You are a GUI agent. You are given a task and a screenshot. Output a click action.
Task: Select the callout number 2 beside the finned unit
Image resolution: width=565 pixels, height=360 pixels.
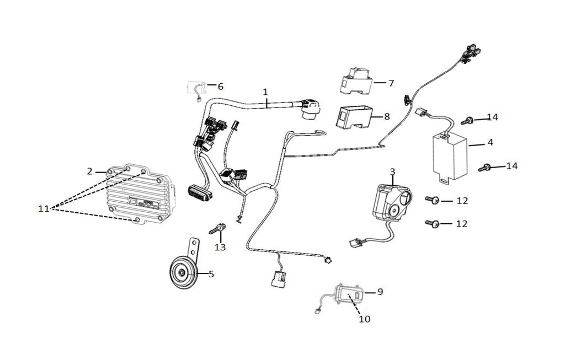coord(90,171)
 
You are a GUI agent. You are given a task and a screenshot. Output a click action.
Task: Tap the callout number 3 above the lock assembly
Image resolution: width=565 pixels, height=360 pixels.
coord(392,171)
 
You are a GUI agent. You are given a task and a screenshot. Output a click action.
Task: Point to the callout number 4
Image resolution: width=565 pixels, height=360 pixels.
coord(490,142)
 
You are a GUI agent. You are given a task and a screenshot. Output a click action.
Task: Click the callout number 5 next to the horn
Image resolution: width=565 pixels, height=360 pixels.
coord(211,273)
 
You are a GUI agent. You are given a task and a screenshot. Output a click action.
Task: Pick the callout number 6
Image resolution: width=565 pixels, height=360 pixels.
coord(220,87)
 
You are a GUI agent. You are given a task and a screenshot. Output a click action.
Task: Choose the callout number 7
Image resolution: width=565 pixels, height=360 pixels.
coord(391,83)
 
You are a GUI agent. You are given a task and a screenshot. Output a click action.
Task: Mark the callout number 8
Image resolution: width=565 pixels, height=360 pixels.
coord(387,116)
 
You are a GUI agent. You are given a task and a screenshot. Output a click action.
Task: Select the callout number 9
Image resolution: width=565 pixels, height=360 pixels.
coord(380,292)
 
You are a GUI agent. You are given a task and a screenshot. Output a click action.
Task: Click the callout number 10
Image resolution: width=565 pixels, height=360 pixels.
coord(364,319)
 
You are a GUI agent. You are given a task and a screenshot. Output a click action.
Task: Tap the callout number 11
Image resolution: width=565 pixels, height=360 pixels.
coord(44,208)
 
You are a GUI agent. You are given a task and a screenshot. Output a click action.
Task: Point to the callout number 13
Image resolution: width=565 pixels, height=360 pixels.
coord(220,247)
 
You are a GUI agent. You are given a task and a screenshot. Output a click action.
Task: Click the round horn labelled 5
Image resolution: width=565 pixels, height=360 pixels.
coord(182,272)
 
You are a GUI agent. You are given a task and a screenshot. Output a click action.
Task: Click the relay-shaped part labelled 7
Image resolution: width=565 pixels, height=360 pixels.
coord(354,82)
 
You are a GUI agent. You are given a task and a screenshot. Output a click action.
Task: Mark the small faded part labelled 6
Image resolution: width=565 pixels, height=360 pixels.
coord(196,88)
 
